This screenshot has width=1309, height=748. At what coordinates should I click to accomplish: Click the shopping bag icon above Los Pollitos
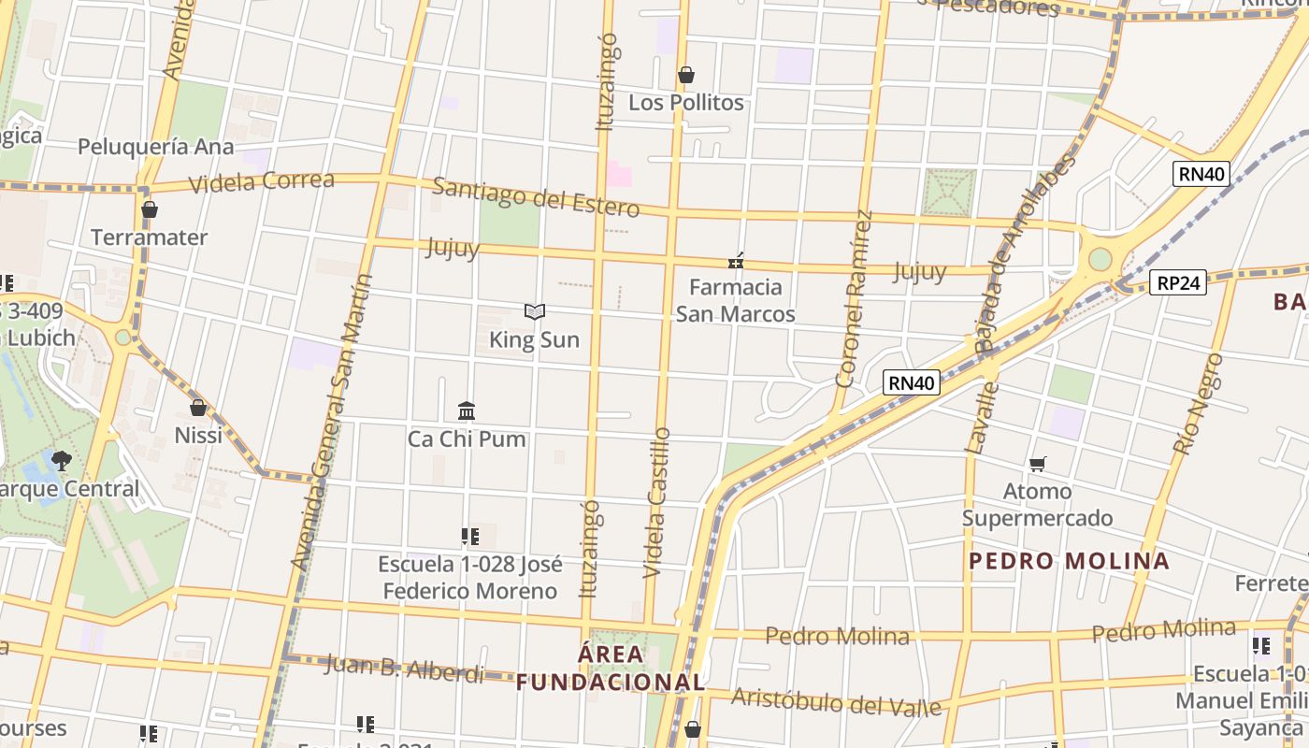tap(686, 75)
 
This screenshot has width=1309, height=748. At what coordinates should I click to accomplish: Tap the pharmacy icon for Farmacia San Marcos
tap(736, 261)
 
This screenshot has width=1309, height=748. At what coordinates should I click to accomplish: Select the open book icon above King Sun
tap(535, 311)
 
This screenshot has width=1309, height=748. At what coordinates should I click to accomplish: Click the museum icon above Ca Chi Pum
tap(467, 410)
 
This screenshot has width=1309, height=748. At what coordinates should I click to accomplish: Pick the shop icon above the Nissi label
tap(198, 408)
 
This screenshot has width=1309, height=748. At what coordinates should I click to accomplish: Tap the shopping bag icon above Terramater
tap(150, 209)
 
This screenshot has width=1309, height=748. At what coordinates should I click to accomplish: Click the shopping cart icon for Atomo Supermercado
tap(1037, 464)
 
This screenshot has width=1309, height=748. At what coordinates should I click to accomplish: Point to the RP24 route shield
tap(1178, 282)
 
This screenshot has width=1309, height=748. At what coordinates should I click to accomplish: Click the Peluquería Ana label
tap(155, 147)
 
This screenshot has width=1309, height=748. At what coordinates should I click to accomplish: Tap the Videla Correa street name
tap(262, 181)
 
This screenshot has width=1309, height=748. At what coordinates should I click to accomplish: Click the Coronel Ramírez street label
tap(854, 298)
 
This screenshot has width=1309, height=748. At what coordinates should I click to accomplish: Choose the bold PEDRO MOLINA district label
tap(1069, 561)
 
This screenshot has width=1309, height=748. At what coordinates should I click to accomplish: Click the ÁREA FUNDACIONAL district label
tap(611, 668)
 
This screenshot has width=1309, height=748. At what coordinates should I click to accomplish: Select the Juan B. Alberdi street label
tap(404, 669)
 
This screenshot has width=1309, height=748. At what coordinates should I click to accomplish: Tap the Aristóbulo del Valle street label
tap(836, 701)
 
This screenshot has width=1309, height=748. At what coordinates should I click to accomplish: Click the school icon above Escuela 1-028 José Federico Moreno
tap(470, 537)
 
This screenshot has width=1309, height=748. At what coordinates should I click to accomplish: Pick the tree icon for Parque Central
tap(62, 460)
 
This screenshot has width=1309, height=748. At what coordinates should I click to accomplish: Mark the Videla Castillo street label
tap(659, 502)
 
